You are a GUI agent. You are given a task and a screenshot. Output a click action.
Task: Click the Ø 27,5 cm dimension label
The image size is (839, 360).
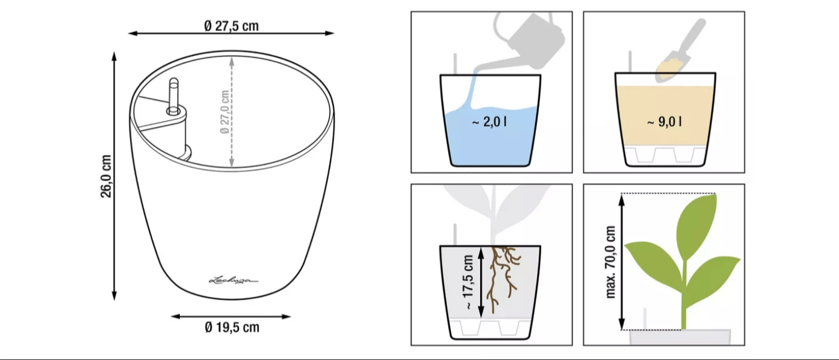coord(232,26)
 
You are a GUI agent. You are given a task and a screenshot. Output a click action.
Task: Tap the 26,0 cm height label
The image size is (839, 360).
coord(106,176)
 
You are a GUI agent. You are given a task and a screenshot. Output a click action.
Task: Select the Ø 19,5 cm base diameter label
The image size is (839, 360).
coord(232,327)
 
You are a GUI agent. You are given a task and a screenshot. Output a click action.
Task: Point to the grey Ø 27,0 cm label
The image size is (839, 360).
coord(224,111)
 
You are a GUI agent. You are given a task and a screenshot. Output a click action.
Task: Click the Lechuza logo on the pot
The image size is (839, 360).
coord(233,280)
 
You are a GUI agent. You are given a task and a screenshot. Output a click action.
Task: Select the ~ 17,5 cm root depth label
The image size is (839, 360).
coord(468,282)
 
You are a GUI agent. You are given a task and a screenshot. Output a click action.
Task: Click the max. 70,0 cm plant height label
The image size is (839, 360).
coord(611,262)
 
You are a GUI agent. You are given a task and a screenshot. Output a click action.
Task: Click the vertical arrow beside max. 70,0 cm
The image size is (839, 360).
coord(622,262)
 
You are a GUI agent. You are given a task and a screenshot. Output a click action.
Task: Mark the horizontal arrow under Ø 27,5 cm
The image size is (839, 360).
coord(231,33)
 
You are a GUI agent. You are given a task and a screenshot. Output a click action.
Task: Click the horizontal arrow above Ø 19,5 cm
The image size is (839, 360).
coord(231,316)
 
